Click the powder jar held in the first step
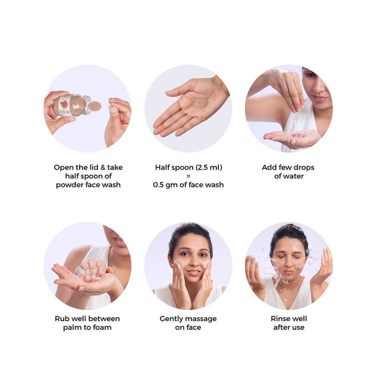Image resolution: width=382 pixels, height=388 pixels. [71, 105]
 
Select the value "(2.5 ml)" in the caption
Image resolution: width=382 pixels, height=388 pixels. [209, 168]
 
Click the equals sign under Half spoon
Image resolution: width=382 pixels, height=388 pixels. [188, 176]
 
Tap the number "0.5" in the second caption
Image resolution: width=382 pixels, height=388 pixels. [158, 185]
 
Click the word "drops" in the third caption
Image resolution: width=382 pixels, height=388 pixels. [303, 168]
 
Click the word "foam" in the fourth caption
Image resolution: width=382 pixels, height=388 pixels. [102, 328]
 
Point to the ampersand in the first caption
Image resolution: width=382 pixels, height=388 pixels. [102, 167]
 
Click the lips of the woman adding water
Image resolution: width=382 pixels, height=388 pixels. [319, 99]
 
